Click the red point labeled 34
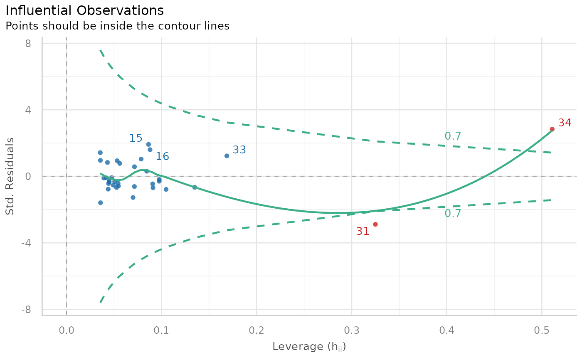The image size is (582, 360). click(x=552, y=129)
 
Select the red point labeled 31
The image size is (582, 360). click(x=375, y=224)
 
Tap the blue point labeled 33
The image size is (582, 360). click(x=227, y=156)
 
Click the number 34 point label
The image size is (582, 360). click(x=565, y=123)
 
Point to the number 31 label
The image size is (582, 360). click(x=363, y=232)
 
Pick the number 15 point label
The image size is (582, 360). click(x=136, y=138)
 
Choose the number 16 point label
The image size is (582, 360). click(x=163, y=157)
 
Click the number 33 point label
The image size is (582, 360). click(x=239, y=150)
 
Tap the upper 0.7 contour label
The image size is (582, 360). click(x=453, y=136)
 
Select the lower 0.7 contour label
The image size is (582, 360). click(x=453, y=214)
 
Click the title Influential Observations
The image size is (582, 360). click(x=84, y=11)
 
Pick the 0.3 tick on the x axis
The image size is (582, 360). click(x=352, y=330)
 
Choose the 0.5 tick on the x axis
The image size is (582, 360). click(x=542, y=330)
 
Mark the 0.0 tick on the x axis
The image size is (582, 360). click(x=67, y=330)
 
